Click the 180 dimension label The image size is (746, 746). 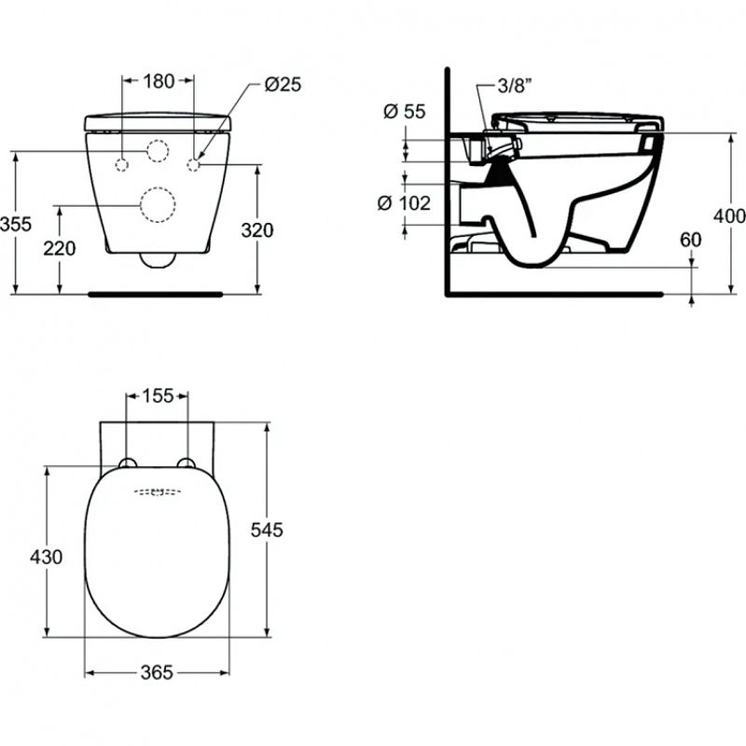(x=159, y=81)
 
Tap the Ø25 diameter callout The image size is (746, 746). (x=283, y=85)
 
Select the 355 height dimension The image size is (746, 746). (x=16, y=224)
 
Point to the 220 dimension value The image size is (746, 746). (x=60, y=248)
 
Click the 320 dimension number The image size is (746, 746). (x=257, y=230)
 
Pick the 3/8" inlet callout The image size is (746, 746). (x=515, y=86)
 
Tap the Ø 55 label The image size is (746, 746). (x=405, y=111)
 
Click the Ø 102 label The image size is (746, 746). (x=404, y=203)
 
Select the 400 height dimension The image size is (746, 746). (x=729, y=216)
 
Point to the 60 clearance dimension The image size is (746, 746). (x=690, y=240)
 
